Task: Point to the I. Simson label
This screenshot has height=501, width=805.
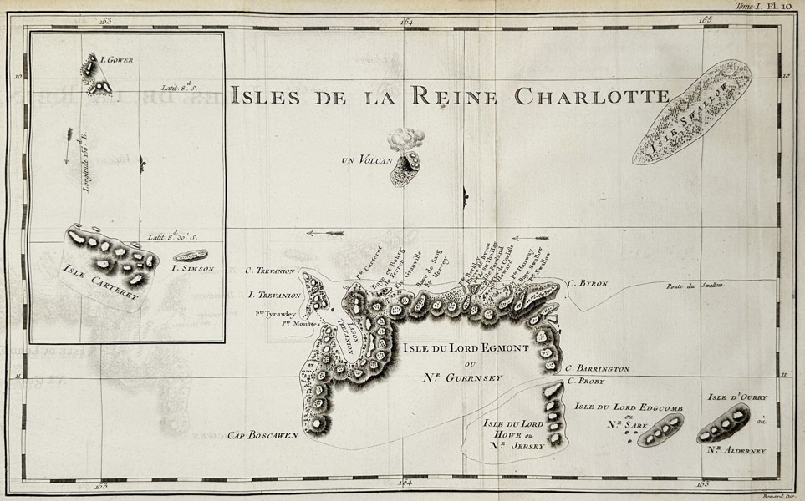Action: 193,268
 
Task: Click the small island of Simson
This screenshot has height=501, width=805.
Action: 191,255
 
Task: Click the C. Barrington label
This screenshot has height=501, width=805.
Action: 597,368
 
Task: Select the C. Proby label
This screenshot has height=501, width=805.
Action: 584,382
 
